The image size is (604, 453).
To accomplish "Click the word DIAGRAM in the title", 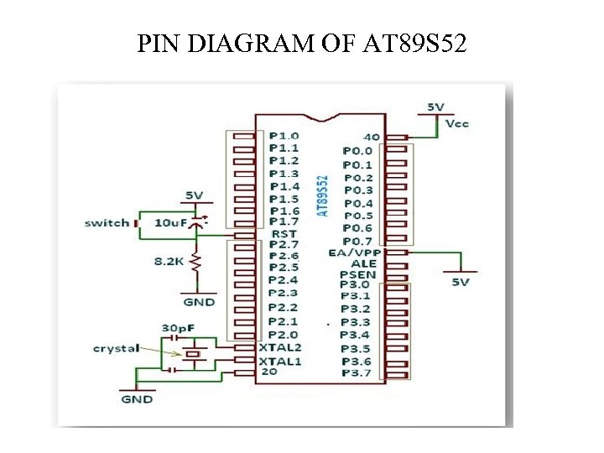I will tap(238, 43).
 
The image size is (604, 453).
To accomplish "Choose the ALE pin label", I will tap(363, 263).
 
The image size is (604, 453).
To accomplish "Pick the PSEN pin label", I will tap(358, 274).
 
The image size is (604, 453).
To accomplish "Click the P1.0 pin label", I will tap(284, 135).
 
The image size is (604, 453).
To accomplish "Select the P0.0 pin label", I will tap(357, 151).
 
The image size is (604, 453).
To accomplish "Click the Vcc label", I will tap(457, 123).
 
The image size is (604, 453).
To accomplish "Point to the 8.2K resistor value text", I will tap(169, 262).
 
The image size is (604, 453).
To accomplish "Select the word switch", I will tap(107, 222).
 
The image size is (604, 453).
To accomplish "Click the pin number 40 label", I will tap(371, 137).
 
